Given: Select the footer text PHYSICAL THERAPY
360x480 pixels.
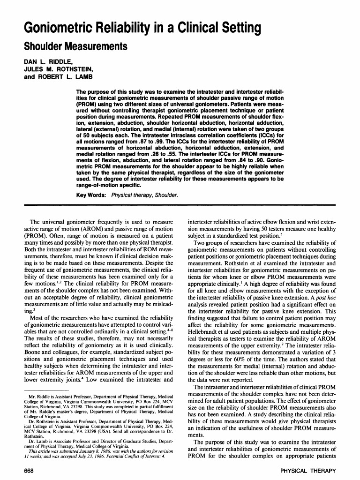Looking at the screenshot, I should pos(307,471).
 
